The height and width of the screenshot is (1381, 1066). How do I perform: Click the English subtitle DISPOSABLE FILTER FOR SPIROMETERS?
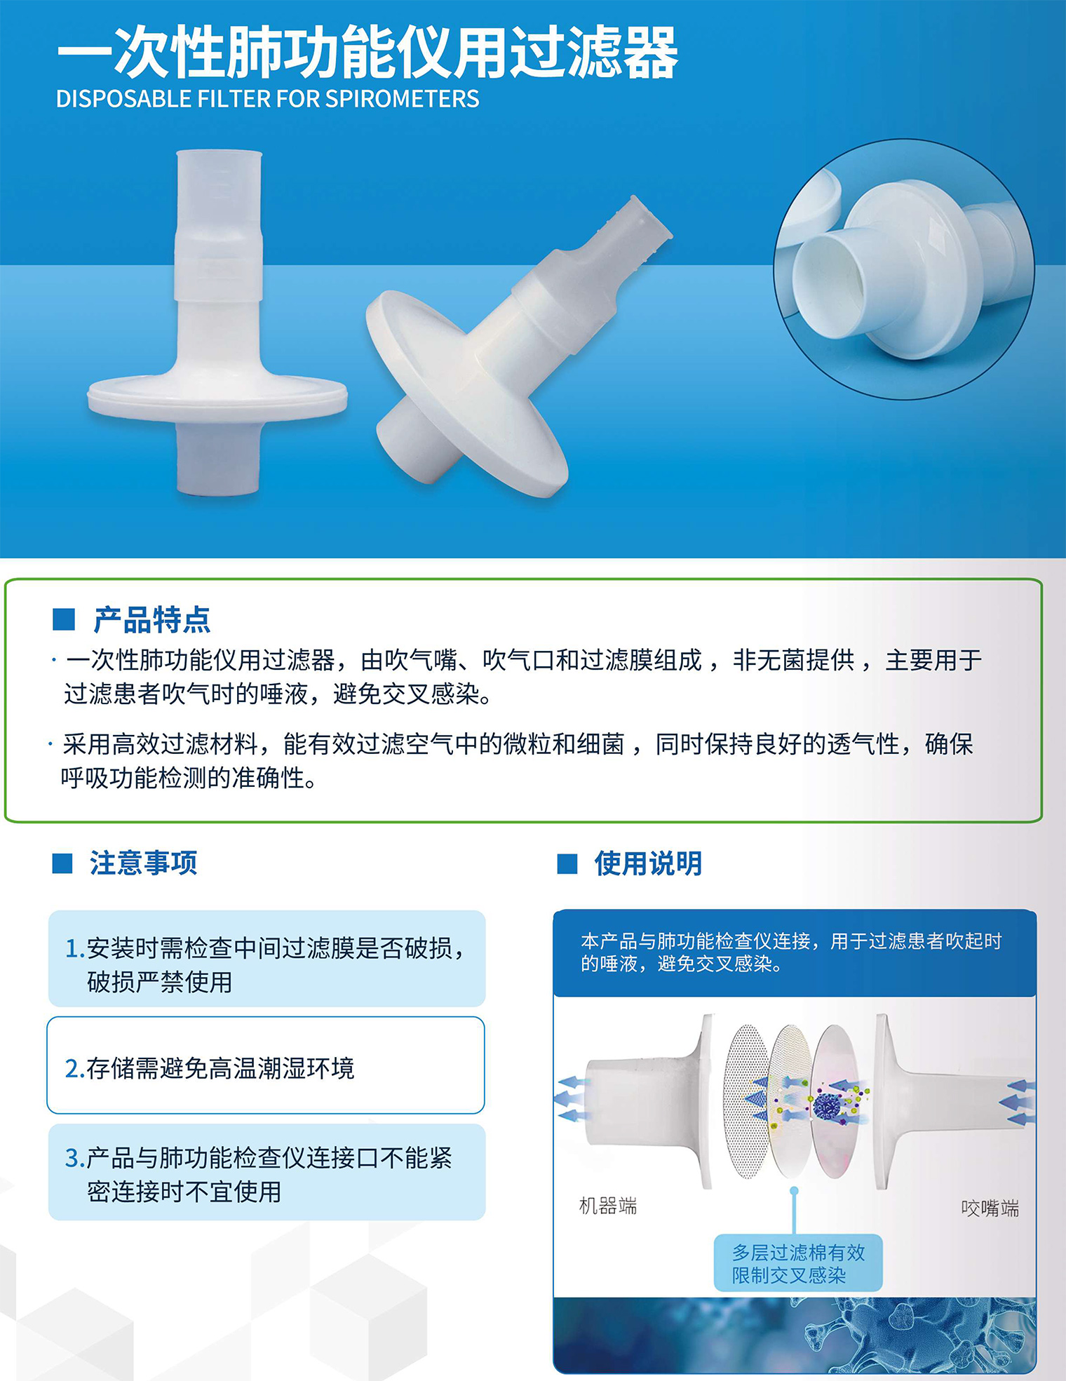tap(267, 99)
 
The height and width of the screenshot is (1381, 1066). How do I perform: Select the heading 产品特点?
tap(152, 619)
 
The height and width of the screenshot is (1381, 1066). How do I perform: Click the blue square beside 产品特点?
tap(64, 619)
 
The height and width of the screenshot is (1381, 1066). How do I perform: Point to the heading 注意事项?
tap(143, 863)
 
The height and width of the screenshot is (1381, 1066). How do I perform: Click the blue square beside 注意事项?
tap(62, 863)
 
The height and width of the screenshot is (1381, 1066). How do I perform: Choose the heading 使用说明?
tap(648, 863)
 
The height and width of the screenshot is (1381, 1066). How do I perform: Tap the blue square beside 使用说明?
tap(567, 863)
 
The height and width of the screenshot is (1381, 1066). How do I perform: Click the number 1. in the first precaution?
tap(75, 948)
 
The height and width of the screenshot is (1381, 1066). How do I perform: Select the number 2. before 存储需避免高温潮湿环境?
tap(75, 1068)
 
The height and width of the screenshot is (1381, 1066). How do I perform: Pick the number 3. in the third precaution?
tap(75, 1158)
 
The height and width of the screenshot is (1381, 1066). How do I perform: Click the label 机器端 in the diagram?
tap(608, 1206)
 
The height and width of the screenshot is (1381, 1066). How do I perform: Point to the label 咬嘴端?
tap(990, 1208)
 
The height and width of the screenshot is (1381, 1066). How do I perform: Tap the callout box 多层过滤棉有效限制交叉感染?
tap(798, 1263)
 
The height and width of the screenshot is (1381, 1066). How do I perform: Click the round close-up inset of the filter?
tap(904, 269)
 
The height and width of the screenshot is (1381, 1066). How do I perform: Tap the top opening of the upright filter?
tap(219, 155)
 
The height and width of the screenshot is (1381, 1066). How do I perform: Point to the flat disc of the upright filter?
tap(217, 397)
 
